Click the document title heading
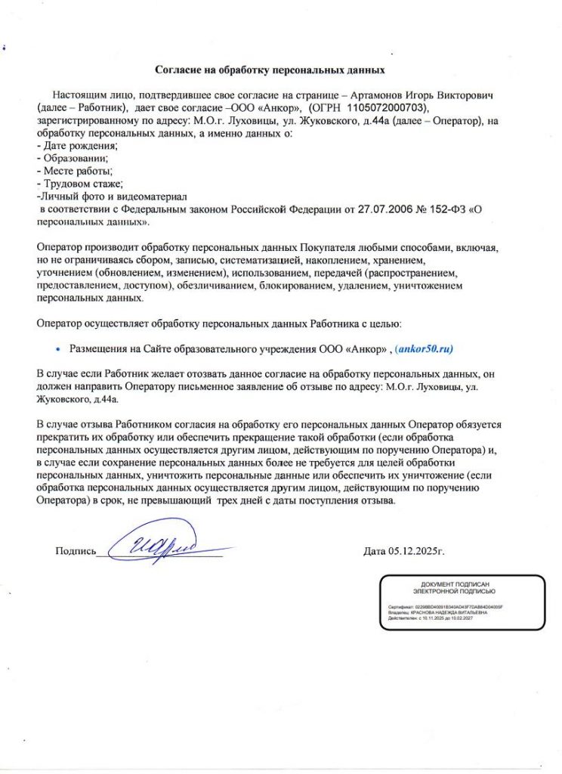tap(270, 70)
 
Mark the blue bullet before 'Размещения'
tap(58, 349)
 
